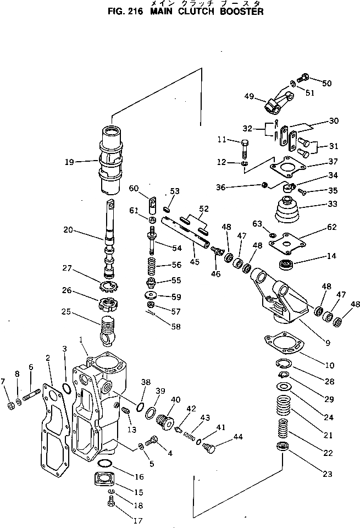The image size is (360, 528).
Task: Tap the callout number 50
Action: (327, 83)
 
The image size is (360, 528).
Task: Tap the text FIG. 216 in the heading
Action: (121, 12)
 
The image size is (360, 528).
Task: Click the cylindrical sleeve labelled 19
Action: (112, 159)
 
